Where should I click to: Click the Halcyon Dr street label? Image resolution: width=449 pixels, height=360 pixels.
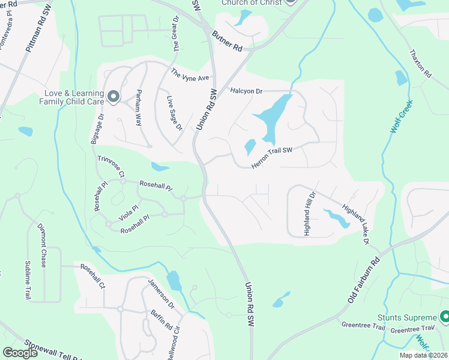pyautogui.click(x=247, y=91)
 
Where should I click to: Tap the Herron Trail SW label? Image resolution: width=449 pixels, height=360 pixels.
pyautogui.click(x=271, y=157)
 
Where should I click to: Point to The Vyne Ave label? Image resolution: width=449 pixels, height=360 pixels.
pyautogui.click(x=190, y=76)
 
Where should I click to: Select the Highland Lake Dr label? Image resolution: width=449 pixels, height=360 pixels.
pyautogui.click(x=355, y=225)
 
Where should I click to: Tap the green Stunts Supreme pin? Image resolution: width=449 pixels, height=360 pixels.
pyautogui.click(x=445, y=316)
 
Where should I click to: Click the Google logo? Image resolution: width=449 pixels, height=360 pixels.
pyautogui.click(x=20, y=353)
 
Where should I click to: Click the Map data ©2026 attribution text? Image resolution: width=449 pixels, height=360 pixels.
pyautogui.click(x=423, y=355)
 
